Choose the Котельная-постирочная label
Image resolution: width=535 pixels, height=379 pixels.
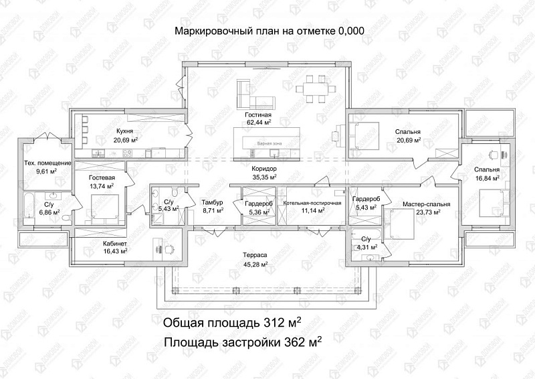pos(312,202)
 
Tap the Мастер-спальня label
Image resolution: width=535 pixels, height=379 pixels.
pos(426,204)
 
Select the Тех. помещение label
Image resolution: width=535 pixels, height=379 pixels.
pos(47,163)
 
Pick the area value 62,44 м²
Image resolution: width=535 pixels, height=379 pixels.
pos(257,123)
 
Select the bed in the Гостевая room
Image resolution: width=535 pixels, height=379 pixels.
pos(105,206)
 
